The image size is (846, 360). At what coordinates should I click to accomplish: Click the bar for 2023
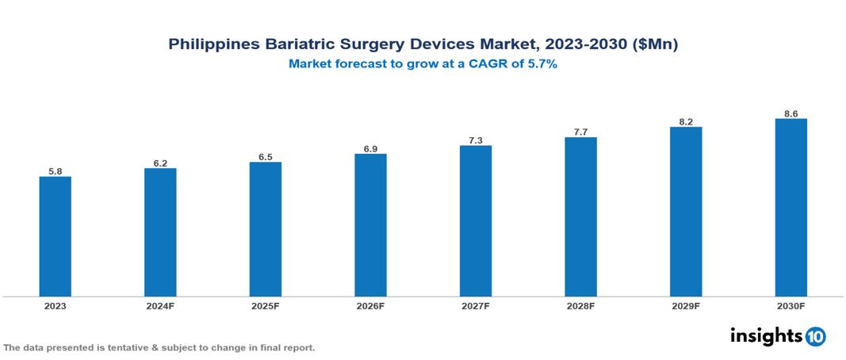tap(56, 236)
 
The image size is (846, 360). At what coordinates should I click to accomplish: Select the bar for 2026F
tap(370, 225)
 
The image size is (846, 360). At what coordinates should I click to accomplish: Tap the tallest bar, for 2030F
tap(790, 208)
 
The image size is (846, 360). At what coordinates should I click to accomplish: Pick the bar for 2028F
tap(580, 216)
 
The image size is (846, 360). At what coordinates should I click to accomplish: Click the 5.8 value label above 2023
tap(56, 170)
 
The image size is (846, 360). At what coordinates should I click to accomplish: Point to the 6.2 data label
tap(160, 163)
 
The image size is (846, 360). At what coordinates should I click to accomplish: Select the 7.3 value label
tap(476, 140)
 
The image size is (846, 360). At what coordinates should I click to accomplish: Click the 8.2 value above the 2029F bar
tap(686, 122)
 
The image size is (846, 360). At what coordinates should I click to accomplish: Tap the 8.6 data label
tap(790, 113)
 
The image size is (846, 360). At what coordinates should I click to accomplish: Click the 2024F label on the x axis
tap(160, 305)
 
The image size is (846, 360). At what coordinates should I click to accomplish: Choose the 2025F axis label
tap(265, 305)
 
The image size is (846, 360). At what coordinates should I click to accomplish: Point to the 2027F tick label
tap(476, 305)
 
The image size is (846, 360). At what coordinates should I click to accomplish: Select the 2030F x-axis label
tap(790, 305)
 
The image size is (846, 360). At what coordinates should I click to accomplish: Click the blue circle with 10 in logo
tap(815, 337)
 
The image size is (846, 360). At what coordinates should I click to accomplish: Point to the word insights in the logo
tap(766, 335)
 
